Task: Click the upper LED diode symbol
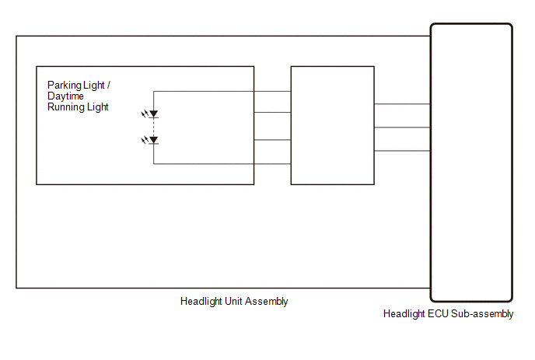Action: pos(153,114)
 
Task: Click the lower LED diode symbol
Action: pos(153,140)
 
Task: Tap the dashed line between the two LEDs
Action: pos(153,127)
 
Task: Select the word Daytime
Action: pos(65,96)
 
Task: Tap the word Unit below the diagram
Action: pos(233,302)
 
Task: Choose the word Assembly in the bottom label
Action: pos(267,302)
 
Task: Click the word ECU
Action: pos(438,313)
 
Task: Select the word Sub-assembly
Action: pos(482,314)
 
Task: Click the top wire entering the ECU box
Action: pos(402,103)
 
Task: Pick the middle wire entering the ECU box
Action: pos(402,128)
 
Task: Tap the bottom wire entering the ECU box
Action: pos(402,151)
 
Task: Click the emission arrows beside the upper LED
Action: pos(145,114)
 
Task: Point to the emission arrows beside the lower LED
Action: pos(145,139)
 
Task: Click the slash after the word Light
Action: pos(109,85)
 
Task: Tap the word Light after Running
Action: pos(97,107)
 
